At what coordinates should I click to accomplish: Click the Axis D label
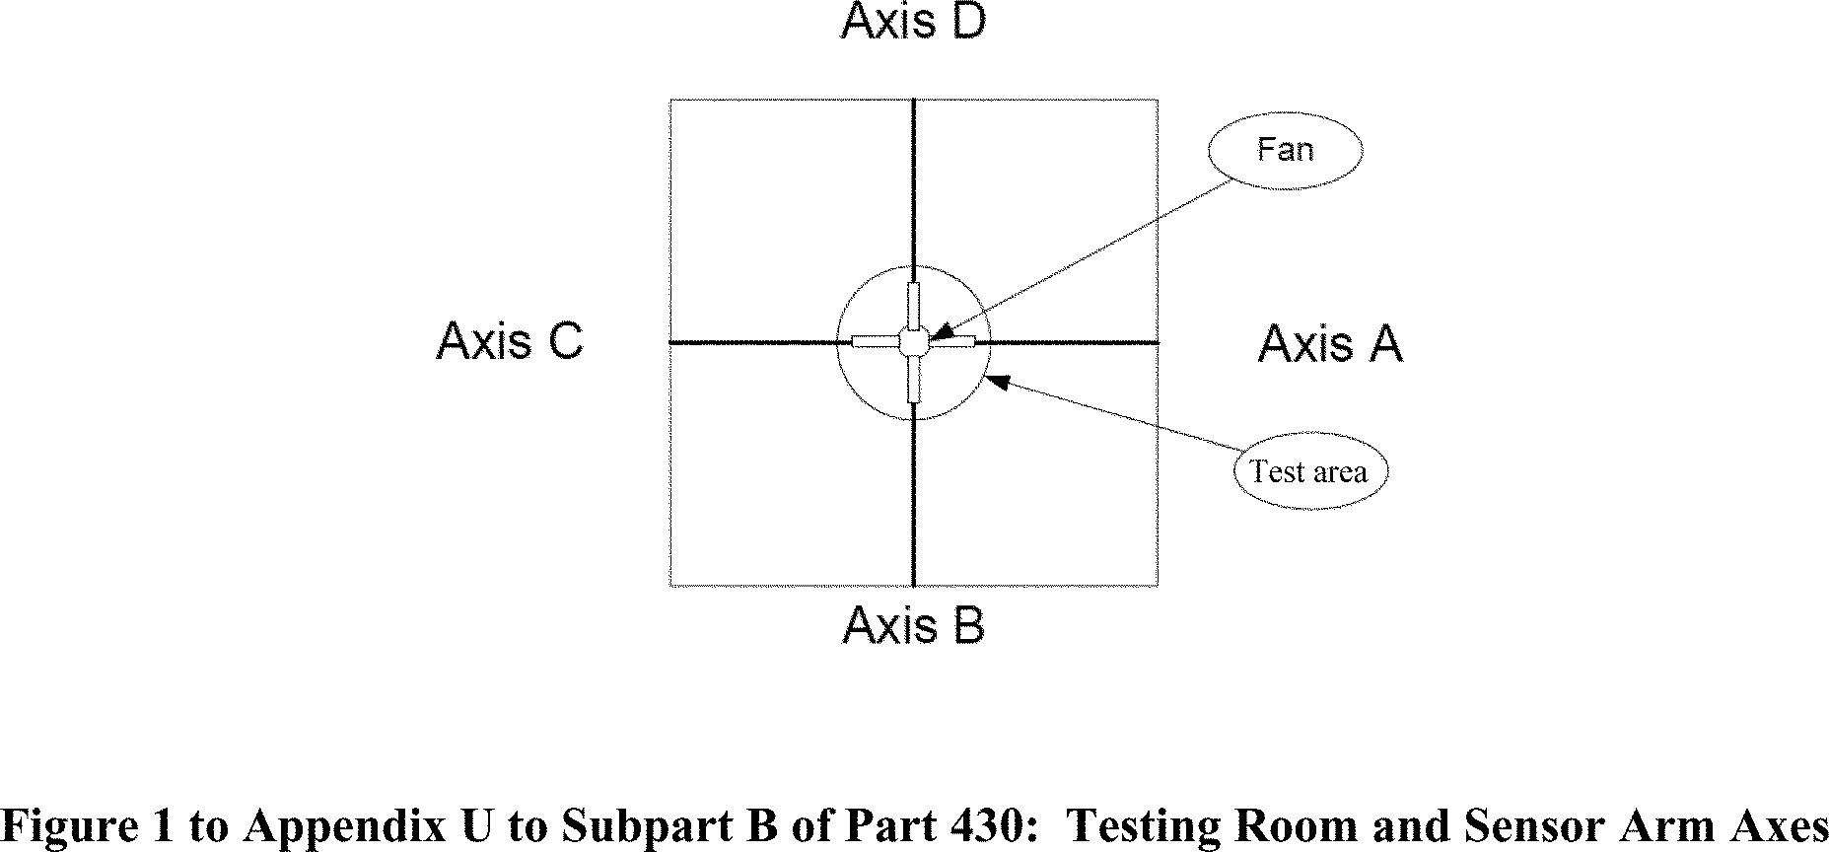[913, 22]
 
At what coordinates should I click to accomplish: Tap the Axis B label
[913, 625]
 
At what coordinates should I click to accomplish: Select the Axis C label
[510, 341]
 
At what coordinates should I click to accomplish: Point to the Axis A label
[1330, 344]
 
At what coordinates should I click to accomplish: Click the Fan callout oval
[1285, 150]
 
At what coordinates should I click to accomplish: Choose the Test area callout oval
[1309, 471]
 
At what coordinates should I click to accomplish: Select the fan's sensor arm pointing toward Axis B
[914, 380]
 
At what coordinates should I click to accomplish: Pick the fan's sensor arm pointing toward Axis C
[875, 342]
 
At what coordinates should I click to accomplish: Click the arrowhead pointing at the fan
[938, 332]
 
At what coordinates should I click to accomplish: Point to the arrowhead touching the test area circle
[996, 381]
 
